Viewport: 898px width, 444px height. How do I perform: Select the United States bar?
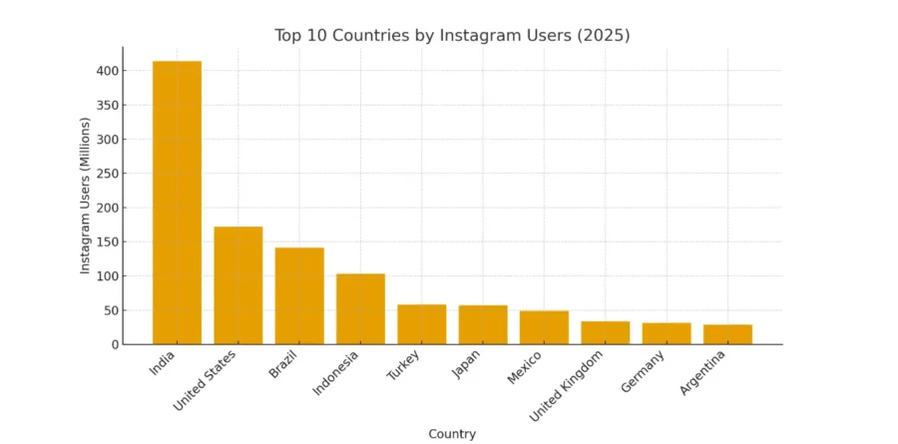tap(238, 285)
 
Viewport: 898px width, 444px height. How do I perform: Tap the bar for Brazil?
tap(299, 295)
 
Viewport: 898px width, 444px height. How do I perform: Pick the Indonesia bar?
tap(360, 308)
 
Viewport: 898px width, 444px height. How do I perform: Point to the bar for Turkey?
tap(422, 324)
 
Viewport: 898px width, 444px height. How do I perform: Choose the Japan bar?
tap(483, 324)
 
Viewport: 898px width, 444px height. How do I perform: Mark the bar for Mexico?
tap(544, 327)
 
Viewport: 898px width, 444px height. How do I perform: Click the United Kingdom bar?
tap(606, 332)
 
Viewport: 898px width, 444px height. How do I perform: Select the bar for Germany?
tap(667, 333)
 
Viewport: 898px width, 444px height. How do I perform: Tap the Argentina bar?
tap(727, 334)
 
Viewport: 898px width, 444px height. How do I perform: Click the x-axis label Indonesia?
tap(336, 371)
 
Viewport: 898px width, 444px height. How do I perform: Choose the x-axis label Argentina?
tap(703, 372)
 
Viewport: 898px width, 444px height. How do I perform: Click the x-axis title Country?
tap(452, 434)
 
